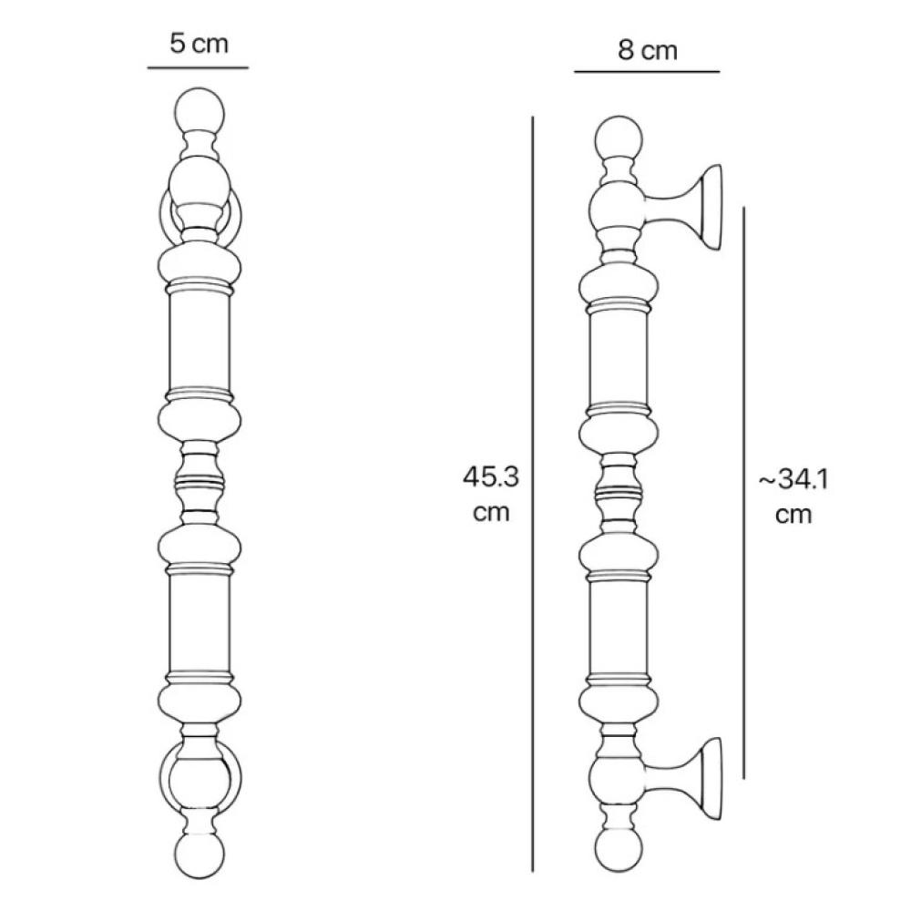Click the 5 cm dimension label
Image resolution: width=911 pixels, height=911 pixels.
click(199, 44)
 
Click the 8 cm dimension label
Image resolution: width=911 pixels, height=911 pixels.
click(647, 50)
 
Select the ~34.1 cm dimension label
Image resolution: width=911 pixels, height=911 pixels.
click(793, 497)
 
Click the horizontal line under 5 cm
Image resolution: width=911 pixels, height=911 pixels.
click(198, 68)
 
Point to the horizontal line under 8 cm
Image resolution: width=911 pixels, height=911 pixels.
click(647, 72)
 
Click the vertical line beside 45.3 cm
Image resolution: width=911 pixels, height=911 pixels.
click(533, 494)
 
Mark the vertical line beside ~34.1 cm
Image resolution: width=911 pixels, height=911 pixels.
click(743, 493)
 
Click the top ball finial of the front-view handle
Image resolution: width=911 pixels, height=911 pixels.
click(200, 110)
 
